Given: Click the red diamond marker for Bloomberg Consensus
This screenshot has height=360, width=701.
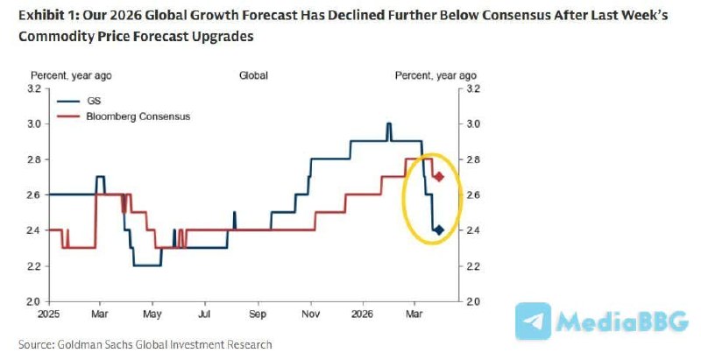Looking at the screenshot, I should [x=439, y=177].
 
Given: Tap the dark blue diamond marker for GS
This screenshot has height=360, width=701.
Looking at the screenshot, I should [x=438, y=230].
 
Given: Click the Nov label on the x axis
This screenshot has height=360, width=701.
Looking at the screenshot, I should [x=311, y=312].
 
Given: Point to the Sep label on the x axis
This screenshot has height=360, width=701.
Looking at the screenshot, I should [x=258, y=312].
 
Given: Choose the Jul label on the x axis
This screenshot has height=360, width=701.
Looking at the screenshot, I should [x=205, y=312].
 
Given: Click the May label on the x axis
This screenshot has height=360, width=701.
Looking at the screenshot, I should [x=152, y=312].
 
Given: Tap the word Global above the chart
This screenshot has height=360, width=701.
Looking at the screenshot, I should [x=253, y=76].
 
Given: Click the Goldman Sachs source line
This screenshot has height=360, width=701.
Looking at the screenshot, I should [x=145, y=344].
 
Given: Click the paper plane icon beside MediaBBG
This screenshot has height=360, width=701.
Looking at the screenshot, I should [x=533, y=321].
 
